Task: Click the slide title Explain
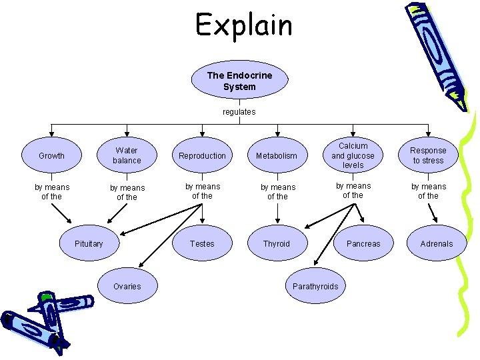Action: click(x=243, y=25)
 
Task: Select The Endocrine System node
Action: click(x=239, y=81)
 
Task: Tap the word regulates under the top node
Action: click(x=239, y=112)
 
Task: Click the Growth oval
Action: click(x=51, y=155)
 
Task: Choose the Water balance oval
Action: click(x=127, y=155)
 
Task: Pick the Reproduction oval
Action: click(x=202, y=155)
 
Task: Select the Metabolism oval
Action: click(x=277, y=155)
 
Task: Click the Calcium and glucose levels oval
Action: click(x=353, y=155)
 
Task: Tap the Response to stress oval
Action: click(x=428, y=155)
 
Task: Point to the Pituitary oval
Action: click(x=89, y=243)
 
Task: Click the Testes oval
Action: click(x=202, y=243)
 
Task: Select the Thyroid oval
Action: click(x=277, y=243)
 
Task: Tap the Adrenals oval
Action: click(x=436, y=243)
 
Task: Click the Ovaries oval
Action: click(x=127, y=286)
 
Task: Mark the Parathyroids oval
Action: click(x=315, y=286)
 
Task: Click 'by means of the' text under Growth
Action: click(x=51, y=192)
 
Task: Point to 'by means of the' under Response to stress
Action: click(x=428, y=191)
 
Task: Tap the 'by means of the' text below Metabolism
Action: click(x=277, y=192)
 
